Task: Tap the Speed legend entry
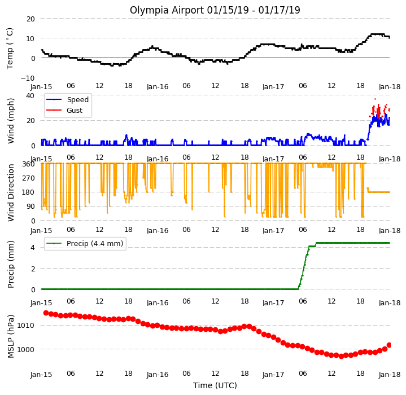(x=67, y=99)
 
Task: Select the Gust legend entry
(x=64, y=111)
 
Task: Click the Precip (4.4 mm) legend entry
(x=84, y=243)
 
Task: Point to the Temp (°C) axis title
(x=10, y=49)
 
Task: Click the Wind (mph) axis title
(x=11, y=121)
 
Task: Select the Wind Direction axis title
(x=11, y=193)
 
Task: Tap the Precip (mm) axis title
(x=11, y=265)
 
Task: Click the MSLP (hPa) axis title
(x=11, y=336)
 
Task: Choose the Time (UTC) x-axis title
(x=215, y=385)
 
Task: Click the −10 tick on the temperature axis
(x=28, y=78)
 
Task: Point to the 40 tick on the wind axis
(x=30, y=96)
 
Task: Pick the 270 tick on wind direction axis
(x=28, y=178)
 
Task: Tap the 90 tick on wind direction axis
(x=30, y=207)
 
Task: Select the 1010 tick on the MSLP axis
(x=25, y=325)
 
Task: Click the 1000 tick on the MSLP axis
(x=25, y=349)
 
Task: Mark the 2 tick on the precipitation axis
(x=33, y=269)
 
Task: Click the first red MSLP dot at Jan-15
(x=46, y=313)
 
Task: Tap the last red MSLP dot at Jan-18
(x=389, y=345)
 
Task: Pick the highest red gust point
(x=375, y=99)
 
